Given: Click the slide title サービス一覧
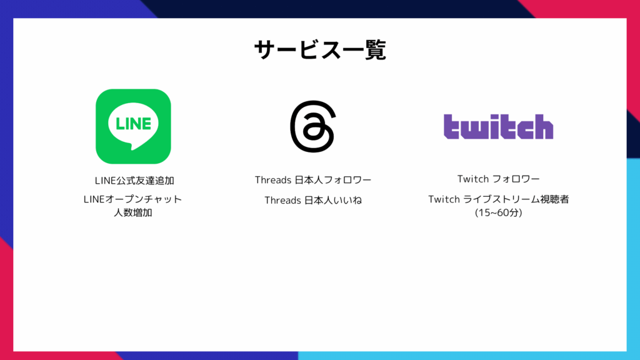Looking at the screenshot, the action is click(320, 50).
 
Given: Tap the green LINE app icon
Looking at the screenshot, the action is click(133, 126).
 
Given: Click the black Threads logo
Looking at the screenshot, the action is click(313, 126).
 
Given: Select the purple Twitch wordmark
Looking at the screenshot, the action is click(498, 126).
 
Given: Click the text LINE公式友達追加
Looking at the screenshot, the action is click(134, 181).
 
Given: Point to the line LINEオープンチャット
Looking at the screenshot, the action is click(132, 199).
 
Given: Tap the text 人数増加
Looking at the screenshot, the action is click(133, 212).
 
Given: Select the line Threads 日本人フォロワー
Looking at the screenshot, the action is click(313, 180).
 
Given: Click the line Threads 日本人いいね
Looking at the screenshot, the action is click(313, 200).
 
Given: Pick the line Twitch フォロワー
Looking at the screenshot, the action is click(498, 179).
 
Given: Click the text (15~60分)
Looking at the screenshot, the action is click(498, 212).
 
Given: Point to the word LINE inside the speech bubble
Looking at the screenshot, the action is click(134, 123).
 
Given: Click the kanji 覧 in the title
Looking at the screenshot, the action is click(375, 50).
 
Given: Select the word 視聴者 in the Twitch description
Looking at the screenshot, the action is click(554, 199).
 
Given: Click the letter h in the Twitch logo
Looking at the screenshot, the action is click(542, 126).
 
